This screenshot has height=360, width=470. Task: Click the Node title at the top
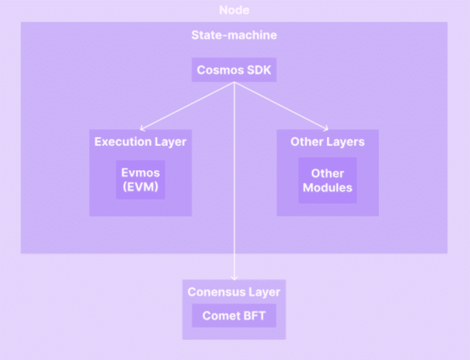[234, 10]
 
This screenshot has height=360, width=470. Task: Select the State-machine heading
[234, 35]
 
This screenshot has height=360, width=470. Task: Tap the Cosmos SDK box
[234, 70]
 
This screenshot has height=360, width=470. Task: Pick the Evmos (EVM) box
[140, 180]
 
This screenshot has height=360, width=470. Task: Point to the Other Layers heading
[328, 142]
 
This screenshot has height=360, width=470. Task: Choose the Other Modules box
[328, 180]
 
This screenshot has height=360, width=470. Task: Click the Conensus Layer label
[234, 292]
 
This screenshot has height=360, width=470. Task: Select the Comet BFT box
[234, 315]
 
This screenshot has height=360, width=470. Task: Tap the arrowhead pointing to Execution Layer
[142, 129]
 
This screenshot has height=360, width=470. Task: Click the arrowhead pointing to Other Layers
[326, 129]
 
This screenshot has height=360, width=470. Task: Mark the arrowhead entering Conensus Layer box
[234, 278]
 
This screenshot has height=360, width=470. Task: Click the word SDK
[259, 70]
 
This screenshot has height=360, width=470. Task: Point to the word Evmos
[140, 173]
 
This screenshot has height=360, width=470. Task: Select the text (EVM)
[140, 187]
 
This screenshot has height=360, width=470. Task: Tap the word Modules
[328, 188]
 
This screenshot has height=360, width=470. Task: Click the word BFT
[255, 315]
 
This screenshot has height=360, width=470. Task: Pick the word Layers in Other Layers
[345, 142]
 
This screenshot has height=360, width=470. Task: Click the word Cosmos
[220, 70]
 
